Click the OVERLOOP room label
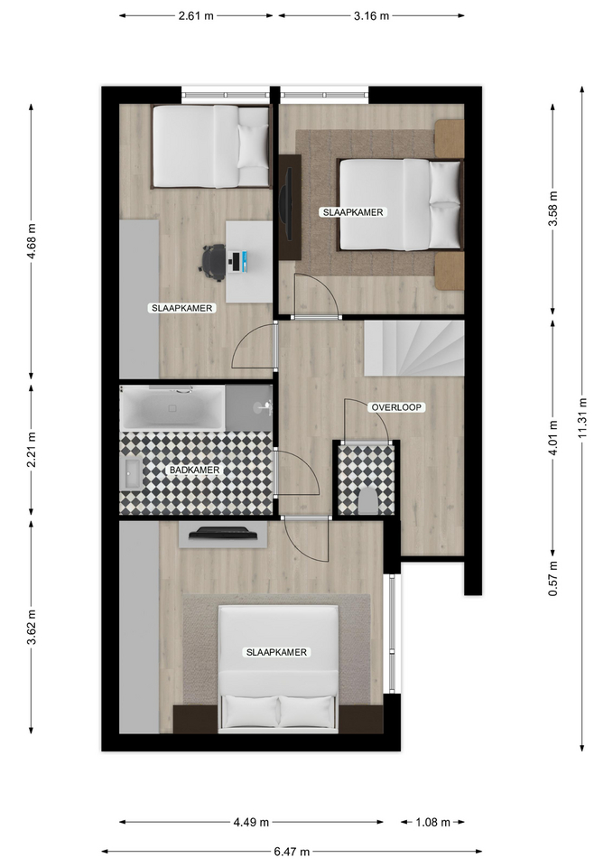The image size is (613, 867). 396,407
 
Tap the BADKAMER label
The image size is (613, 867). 194,470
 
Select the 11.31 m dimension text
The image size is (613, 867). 582,418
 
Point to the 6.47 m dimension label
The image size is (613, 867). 292,852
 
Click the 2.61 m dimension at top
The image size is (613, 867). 196,15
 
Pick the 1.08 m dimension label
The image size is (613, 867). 432,822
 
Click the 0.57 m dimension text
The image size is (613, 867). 553,578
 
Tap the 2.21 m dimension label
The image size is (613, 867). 32,450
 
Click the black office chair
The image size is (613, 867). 213,259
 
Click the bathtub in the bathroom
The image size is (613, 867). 172,408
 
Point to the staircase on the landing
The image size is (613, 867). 413,349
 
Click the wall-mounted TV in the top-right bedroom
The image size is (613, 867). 286,204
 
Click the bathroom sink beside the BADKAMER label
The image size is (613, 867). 132,474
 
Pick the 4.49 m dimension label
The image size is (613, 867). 251,822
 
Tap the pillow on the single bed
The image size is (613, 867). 253,146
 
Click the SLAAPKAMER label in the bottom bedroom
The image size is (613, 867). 276,652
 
